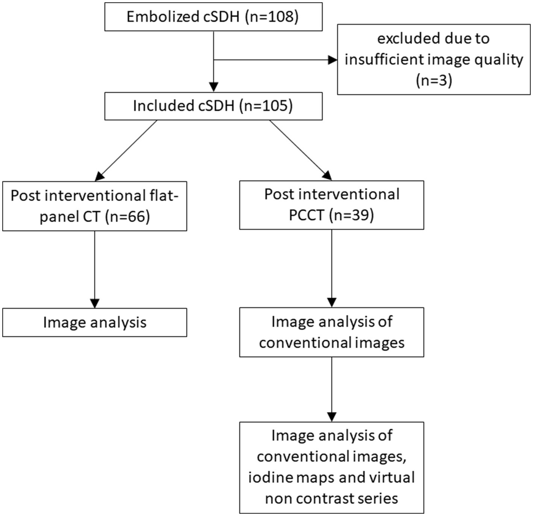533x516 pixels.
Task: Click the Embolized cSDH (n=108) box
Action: (213, 17)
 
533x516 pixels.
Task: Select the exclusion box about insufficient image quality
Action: (433, 59)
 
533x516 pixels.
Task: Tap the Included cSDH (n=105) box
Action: (213, 106)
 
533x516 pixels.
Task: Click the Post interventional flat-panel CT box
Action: (94, 206)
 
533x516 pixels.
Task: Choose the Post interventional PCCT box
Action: (332, 205)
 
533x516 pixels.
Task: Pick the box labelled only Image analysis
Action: (94, 322)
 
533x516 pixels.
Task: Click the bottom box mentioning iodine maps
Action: (332, 467)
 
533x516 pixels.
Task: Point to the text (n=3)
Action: (434, 80)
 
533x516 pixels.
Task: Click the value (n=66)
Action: (127, 216)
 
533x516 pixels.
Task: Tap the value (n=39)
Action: (351, 215)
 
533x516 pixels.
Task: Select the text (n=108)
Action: (271, 17)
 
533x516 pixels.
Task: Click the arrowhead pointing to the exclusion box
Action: (332, 60)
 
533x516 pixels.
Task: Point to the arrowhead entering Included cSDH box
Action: (214, 87)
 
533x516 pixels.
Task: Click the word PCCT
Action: (306, 215)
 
